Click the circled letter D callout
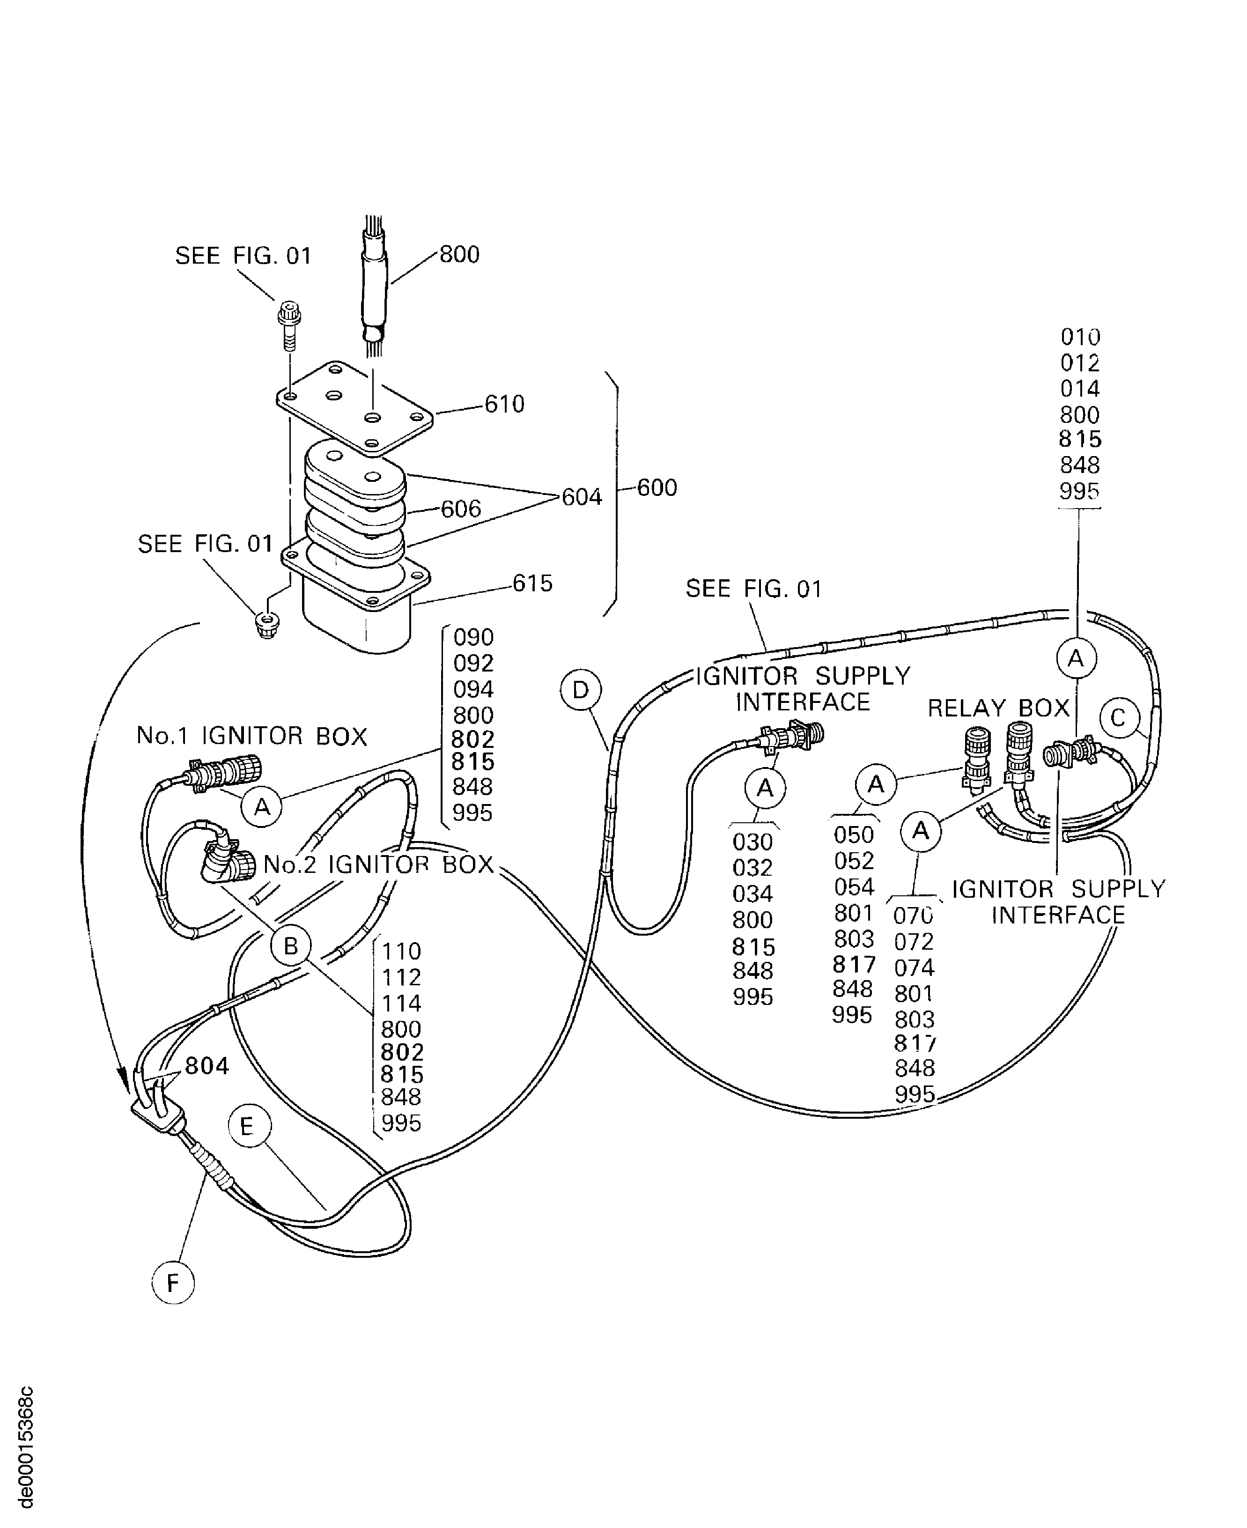(580, 690)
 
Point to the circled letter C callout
(1118, 718)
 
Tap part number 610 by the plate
(504, 405)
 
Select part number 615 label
(532, 583)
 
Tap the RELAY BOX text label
(998, 709)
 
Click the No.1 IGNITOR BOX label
(251, 736)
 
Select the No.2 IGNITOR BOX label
(378, 864)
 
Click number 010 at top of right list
(1080, 336)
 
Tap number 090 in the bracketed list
(473, 637)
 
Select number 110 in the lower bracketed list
(401, 951)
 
